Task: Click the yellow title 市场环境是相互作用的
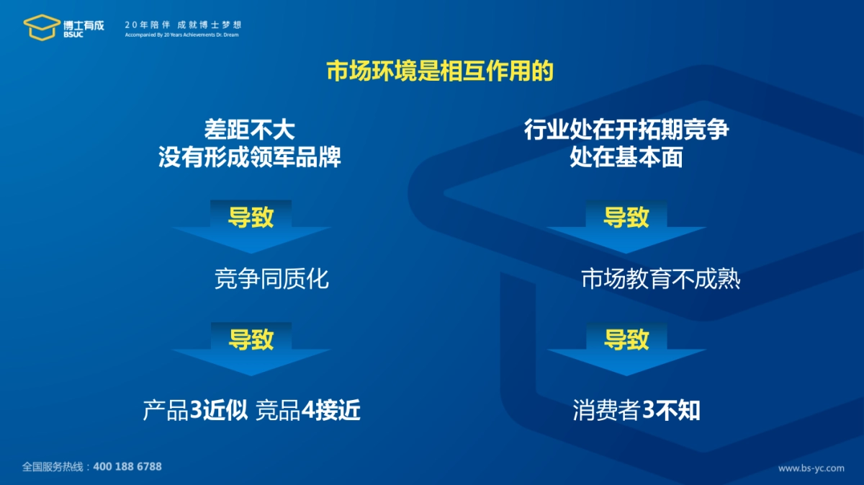(x=440, y=71)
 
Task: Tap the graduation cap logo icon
(x=42, y=27)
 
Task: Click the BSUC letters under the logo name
(x=73, y=35)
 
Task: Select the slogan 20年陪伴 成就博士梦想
(x=182, y=24)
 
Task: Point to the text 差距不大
(x=250, y=130)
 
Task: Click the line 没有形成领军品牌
(x=250, y=157)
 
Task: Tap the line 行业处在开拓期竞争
(x=626, y=130)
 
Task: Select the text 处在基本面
(x=626, y=157)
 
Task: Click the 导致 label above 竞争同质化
(x=251, y=217)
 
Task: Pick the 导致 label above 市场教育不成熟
(x=626, y=217)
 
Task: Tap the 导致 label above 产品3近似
(x=251, y=339)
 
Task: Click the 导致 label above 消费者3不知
(x=626, y=339)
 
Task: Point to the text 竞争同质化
(x=271, y=279)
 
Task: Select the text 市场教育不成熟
(x=661, y=279)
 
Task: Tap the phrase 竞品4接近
(x=308, y=411)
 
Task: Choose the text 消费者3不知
(x=636, y=411)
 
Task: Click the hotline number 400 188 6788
(x=127, y=466)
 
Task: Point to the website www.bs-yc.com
(x=811, y=468)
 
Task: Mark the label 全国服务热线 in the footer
(x=53, y=466)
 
